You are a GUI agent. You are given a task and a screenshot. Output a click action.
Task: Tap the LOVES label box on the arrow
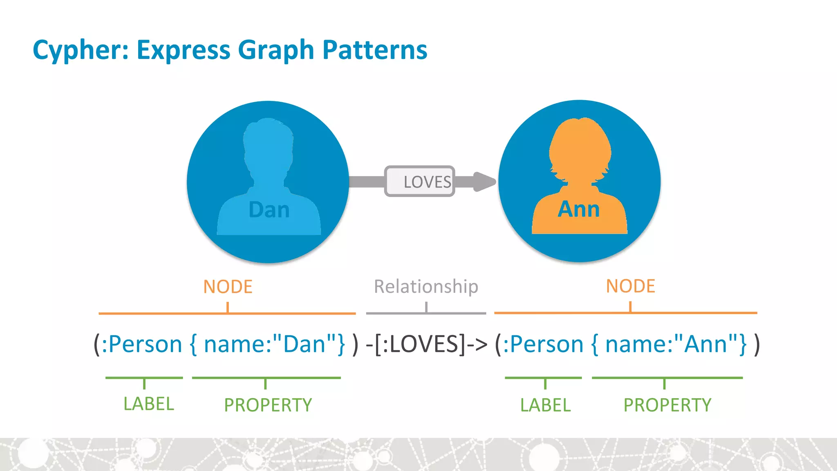click(x=420, y=182)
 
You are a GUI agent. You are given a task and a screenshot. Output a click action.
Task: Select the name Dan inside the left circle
click(x=269, y=210)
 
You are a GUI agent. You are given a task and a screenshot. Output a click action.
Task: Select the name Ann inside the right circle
click(x=579, y=209)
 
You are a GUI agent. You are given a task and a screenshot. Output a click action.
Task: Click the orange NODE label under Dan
click(x=228, y=287)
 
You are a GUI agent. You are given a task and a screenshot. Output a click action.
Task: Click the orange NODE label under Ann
click(x=630, y=286)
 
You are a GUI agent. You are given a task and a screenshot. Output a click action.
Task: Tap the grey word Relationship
click(x=426, y=287)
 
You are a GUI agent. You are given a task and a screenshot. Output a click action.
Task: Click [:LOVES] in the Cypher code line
click(x=420, y=344)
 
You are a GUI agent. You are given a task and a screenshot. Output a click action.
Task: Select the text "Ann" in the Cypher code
click(x=705, y=344)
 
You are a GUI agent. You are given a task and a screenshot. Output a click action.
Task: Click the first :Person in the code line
click(x=141, y=344)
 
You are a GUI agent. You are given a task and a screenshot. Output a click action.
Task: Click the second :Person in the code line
click(x=543, y=344)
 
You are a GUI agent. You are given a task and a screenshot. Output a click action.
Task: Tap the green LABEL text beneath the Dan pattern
click(x=149, y=404)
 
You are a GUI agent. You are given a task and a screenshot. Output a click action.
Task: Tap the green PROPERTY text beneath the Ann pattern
click(x=667, y=405)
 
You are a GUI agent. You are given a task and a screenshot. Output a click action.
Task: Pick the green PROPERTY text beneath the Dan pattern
click(x=268, y=405)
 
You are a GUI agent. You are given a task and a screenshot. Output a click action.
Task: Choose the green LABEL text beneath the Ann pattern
click(x=545, y=405)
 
